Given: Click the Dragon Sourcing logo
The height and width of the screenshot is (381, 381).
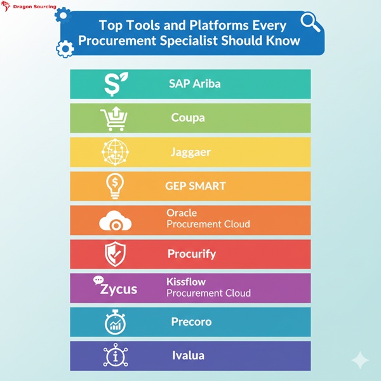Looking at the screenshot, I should tap(29, 7).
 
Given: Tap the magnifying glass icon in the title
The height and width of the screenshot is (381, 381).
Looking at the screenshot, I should tap(310, 23).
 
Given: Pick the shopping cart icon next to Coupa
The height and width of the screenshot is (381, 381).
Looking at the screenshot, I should tap(114, 118).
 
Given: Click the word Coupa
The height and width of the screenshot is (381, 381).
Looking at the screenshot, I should tap(188, 118).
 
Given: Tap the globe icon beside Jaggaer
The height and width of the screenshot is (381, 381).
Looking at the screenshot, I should tap(114, 152).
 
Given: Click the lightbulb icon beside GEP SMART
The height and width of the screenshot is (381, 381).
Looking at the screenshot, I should tap(114, 186).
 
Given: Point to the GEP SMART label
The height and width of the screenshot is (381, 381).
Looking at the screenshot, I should tap(196, 186).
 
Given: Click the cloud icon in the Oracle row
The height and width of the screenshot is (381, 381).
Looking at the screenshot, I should tap(115, 222).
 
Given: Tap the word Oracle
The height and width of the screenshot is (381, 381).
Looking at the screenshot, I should tap(181, 213).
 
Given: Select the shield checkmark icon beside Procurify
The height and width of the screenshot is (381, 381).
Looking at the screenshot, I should tap(114, 254).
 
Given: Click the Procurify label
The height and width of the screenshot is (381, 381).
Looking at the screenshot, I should tap(192, 254).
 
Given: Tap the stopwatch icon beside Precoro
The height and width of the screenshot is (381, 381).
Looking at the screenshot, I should tap(114, 322).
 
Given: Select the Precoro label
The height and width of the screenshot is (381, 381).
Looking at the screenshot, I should tap(191, 322).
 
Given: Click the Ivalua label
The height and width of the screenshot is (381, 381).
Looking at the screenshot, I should tap(188, 356).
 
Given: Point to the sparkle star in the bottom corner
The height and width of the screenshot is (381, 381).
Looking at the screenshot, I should tap(360, 361).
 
